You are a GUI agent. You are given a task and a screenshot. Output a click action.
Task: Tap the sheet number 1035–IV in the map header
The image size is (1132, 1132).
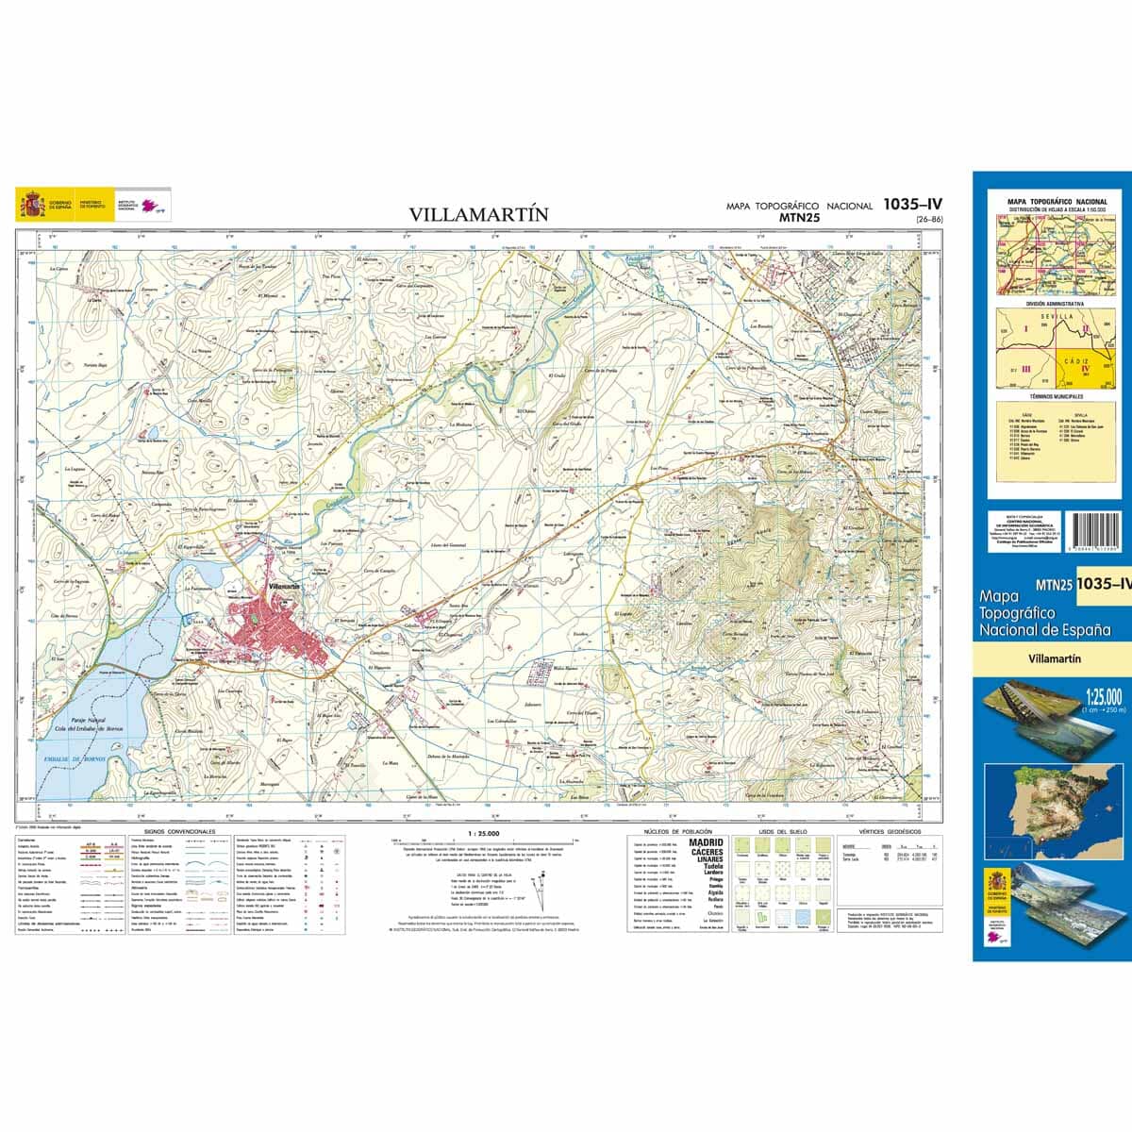[913, 203]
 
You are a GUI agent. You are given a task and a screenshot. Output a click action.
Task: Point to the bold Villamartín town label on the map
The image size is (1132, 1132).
[284, 587]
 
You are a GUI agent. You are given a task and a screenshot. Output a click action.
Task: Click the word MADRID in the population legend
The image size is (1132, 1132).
[707, 842]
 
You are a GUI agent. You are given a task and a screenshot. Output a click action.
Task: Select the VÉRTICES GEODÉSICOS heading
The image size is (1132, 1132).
[883, 833]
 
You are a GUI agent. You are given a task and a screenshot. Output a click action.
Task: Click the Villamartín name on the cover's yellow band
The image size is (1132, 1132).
[1055, 659]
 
